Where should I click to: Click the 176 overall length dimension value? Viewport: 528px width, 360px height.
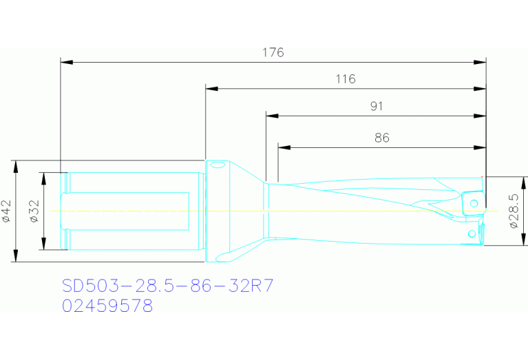tap(273, 52)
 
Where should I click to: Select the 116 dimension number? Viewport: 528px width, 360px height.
tap(346, 79)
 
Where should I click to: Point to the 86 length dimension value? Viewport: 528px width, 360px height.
tap(382, 138)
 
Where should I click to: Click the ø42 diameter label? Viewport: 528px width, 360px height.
tap(6, 211)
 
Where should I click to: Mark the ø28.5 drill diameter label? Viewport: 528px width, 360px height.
tap(514, 214)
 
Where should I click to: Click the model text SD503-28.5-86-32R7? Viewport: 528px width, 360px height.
tap(168, 286)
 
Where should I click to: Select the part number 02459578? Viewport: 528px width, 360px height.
tap(107, 306)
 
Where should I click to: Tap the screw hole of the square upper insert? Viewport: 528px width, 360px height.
tap(474, 202)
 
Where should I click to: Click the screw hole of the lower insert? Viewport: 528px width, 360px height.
tap(472, 234)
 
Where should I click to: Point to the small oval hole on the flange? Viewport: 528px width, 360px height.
tap(218, 166)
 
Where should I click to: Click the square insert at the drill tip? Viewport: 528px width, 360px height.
tap(472, 203)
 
